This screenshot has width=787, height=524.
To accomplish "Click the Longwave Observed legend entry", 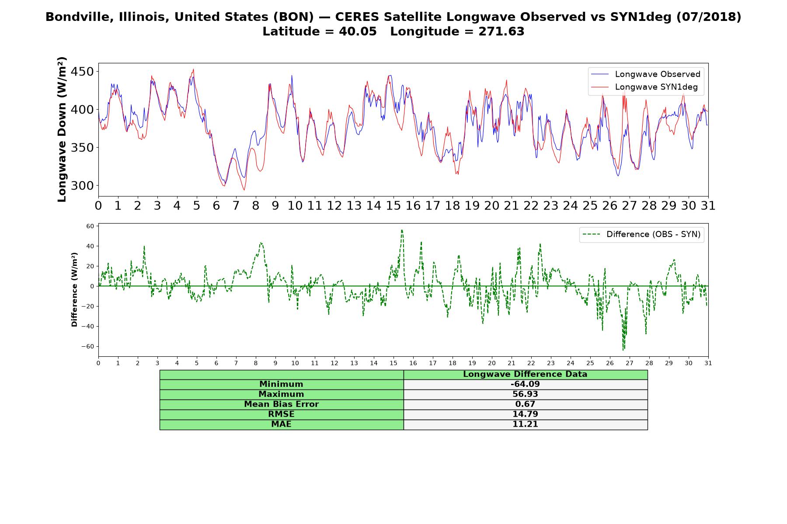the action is [645, 74].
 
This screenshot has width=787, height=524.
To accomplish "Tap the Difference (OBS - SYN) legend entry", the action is [642, 234].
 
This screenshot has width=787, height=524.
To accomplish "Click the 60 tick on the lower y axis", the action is [91, 226].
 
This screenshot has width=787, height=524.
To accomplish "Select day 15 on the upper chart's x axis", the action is [393, 205].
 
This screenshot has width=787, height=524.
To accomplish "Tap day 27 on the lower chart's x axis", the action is [630, 363].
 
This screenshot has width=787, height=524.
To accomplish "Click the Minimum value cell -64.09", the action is [525, 384].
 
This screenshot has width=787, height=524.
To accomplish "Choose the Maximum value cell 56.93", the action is [525, 394].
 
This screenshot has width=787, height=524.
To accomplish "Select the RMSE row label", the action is [282, 414].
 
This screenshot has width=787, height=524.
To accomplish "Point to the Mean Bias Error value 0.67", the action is [525, 404].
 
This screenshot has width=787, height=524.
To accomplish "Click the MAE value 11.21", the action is [525, 424].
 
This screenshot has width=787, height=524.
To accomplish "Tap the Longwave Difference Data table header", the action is [525, 374].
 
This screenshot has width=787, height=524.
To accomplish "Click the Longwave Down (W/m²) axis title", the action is [62, 129].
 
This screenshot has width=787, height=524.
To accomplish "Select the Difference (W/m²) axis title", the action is [74, 290].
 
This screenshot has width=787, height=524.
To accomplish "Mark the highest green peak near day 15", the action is [402, 230].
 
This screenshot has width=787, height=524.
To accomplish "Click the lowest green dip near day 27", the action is [623, 350].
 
